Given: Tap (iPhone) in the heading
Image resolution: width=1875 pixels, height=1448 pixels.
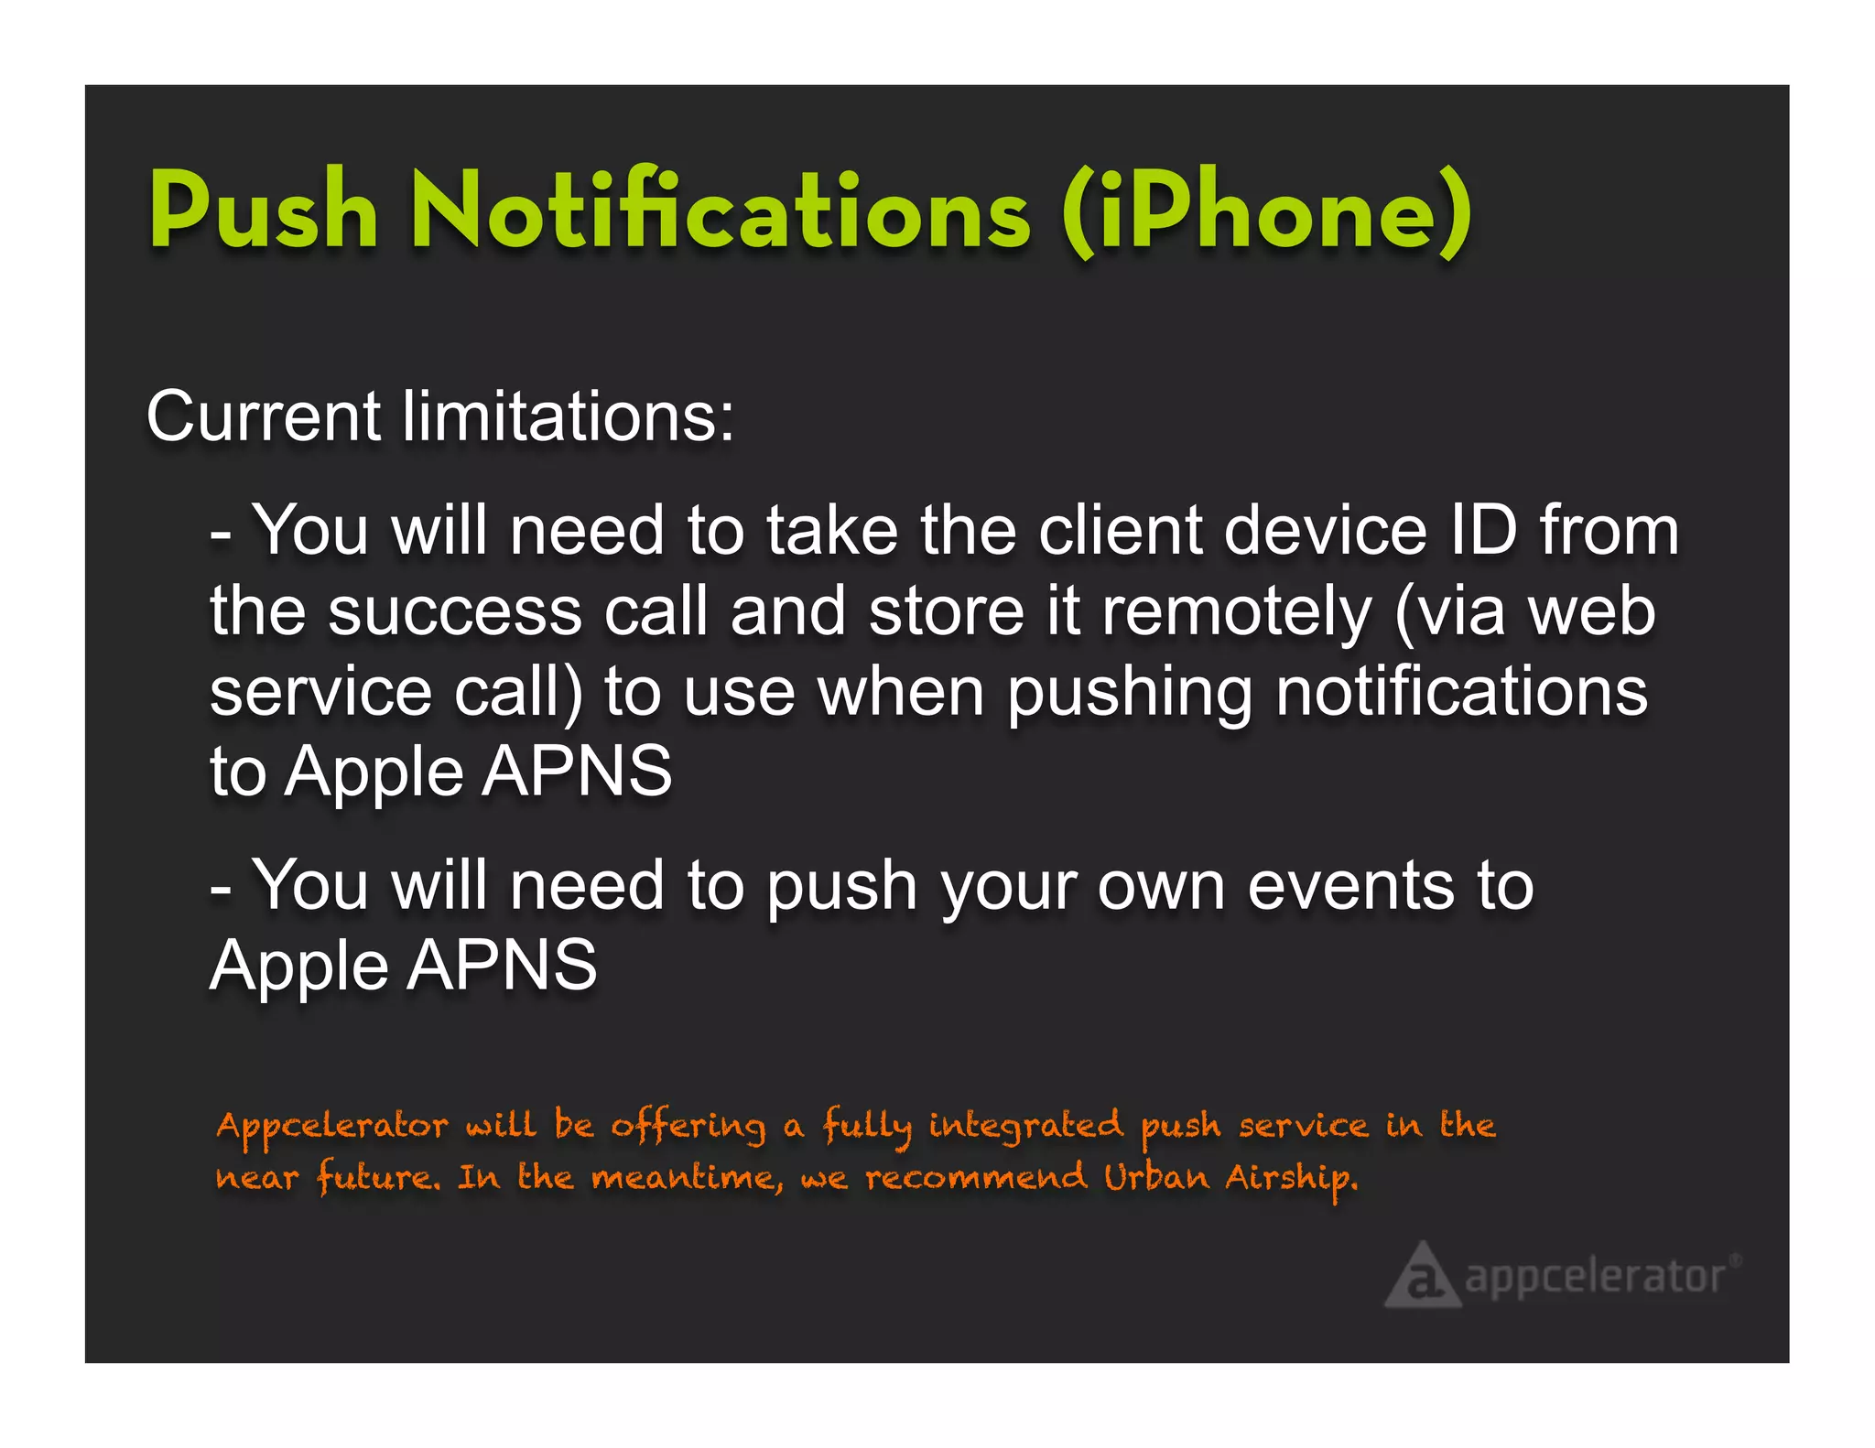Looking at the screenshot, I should tap(1266, 212).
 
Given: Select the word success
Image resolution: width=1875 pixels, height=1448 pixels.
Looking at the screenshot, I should tap(455, 611).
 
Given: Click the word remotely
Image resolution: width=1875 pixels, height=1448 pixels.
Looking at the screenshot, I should tap(1236, 613).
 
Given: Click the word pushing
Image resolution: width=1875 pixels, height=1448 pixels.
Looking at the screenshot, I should tap(1129, 694).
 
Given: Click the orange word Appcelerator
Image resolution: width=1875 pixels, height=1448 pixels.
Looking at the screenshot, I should tap(331, 1126).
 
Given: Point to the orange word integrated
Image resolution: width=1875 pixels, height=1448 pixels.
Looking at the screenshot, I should tap(1025, 1126).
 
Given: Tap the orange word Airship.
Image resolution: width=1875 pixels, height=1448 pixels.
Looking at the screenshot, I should tap(1291, 1178).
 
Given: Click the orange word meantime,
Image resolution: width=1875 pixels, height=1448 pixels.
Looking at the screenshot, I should tap(687, 1178).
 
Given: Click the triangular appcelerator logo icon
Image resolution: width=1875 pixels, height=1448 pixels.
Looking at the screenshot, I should tap(1421, 1275).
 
